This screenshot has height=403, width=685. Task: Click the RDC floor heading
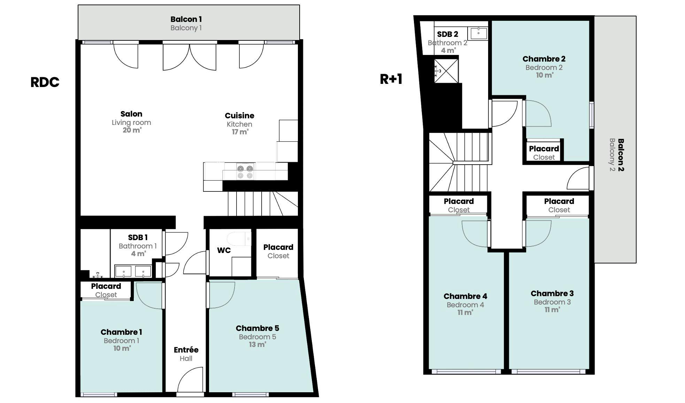[x=45, y=82]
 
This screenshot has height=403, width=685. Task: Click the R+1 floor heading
[x=391, y=79]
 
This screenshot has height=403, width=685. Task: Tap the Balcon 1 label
[x=186, y=19]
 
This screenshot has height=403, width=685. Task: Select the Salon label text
[x=131, y=114]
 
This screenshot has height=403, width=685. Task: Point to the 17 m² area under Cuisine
[x=240, y=132]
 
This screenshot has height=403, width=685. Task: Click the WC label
[x=224, y=250]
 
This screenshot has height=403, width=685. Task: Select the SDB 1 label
[x=138, y=237]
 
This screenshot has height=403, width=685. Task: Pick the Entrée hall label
[x=186, y=350]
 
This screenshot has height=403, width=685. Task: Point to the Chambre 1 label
[x=121, y=332]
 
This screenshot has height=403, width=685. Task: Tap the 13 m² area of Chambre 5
[x=257, y=345]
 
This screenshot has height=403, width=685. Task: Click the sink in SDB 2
[x=479, y=33]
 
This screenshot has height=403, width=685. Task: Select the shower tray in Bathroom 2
[x=446, y=71]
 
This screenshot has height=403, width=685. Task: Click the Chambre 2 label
[x=544, y=59]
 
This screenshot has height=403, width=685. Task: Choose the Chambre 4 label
[x=465, y=296]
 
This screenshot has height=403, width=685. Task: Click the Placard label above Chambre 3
[x=559, y=201]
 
